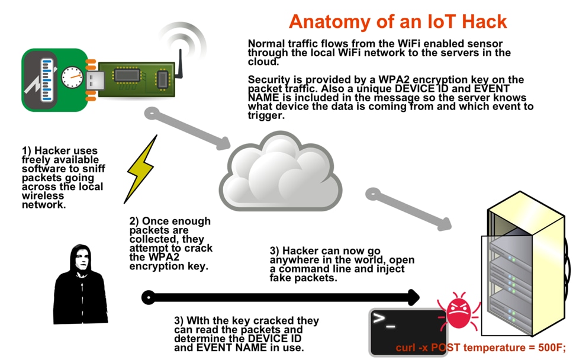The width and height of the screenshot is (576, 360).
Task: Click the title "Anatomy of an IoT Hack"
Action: pos(398,22)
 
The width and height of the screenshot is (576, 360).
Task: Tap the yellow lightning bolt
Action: pos(141,169)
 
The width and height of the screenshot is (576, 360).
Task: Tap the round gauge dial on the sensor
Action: pos(72,77)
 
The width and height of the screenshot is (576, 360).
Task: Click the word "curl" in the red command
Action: pos(407,348)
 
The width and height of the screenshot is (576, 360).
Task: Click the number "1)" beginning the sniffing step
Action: pos(27,152)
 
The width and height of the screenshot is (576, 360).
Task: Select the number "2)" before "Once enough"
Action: pos(136,221)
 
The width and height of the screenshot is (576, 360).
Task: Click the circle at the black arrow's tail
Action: pos(149,297)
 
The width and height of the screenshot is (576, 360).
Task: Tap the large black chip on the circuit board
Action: pos(127,75)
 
